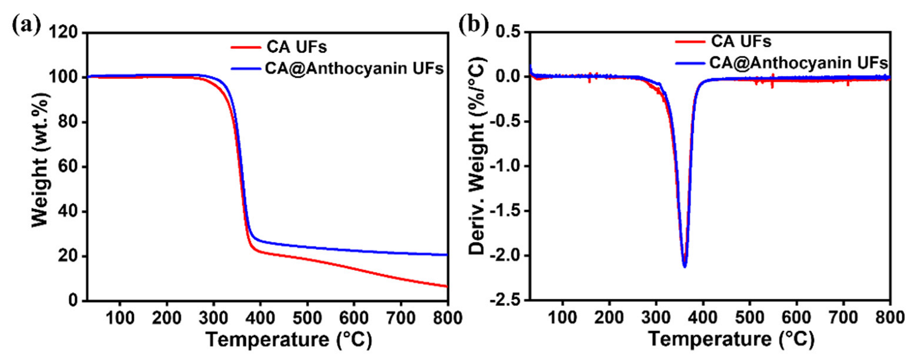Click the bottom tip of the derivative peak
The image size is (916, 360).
(x=684, y=266)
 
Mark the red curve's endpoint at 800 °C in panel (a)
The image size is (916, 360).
(x=447, y=287)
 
